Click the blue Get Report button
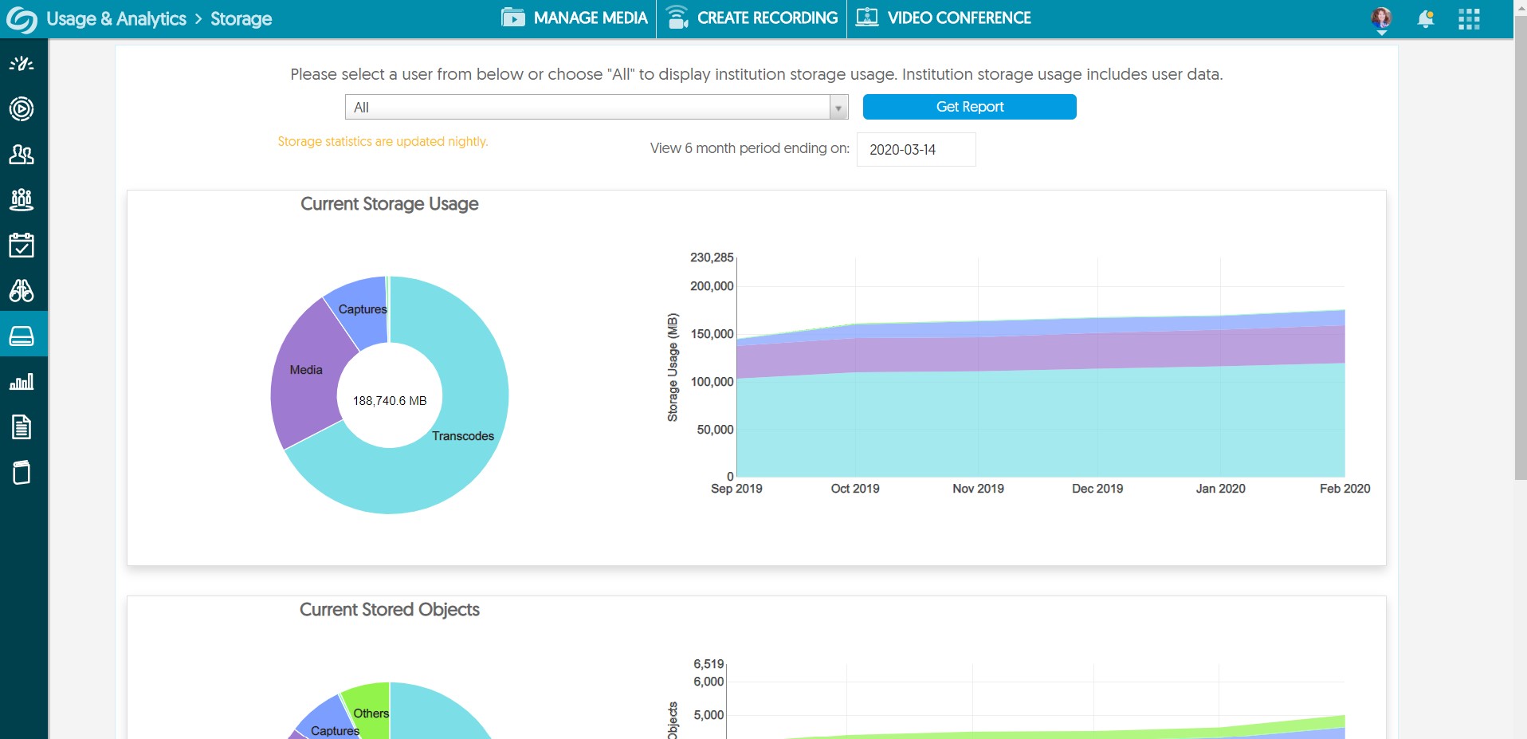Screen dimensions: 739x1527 tap(969, 107)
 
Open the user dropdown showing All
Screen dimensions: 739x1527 tap(595, 108)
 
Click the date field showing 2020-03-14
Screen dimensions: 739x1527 tap(915, 150)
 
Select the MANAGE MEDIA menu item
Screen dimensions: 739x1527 tap(575, 18)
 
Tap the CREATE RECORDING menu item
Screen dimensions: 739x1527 tap(752, 18)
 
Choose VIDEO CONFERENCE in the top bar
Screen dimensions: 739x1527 tap(944, 18)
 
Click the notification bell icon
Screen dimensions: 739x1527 tap(1425, 19)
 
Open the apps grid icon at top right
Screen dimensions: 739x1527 tap(1469, 19)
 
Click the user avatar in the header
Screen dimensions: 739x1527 tap(1381, 18)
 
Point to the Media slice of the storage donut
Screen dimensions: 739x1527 tap(306, 370)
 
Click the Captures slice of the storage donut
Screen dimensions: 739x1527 tap(362, 309)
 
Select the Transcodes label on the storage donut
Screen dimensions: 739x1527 tap(462, 436)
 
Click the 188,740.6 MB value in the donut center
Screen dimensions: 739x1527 tap(390, 401)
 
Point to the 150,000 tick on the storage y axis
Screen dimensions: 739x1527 tap(712, 334)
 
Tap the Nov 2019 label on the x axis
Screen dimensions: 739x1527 tap(978, 489)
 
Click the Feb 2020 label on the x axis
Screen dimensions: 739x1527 tap(1344, 489)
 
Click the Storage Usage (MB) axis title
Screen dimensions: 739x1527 tap(673, 368)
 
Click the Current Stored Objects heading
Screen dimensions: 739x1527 tap(389, 610)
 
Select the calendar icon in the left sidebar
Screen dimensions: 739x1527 tap(22, 246)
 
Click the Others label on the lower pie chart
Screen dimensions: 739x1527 tap(371, 713)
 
